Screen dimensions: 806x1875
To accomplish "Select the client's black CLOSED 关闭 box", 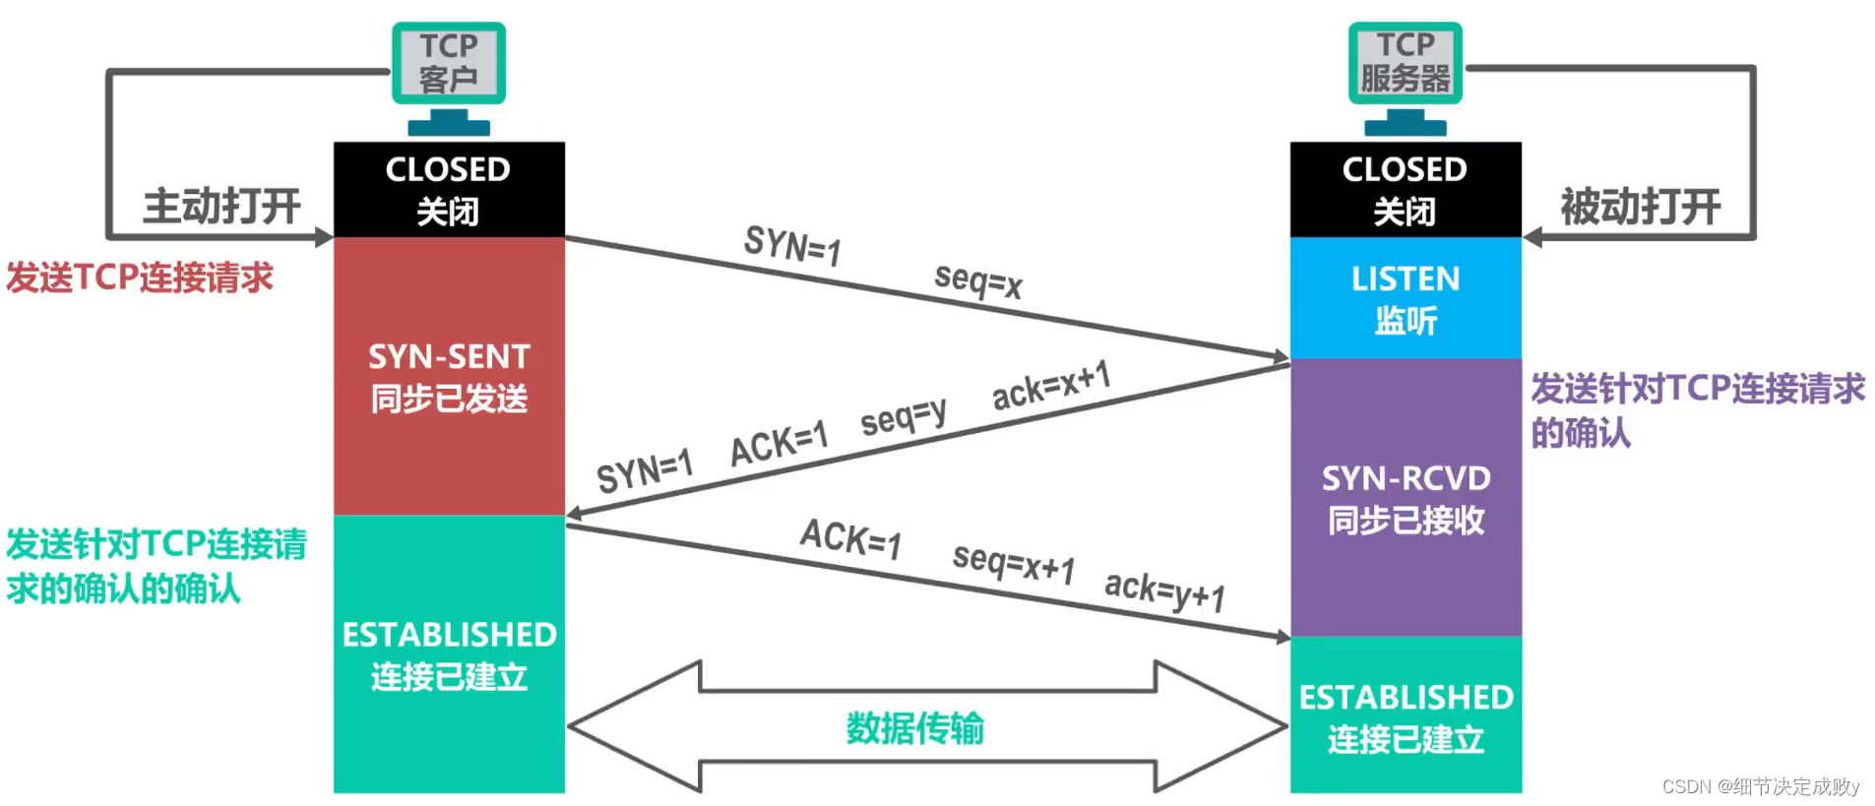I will pyautogui.click(x=449, y=189).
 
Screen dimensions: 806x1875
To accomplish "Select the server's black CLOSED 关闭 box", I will pyautogui.click(x=1405, y=189).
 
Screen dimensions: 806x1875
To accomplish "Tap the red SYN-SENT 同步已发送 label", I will pyautogui.click(x=449, y=378).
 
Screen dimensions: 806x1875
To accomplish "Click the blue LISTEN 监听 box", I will pyautogui.click(x=1405, y=298).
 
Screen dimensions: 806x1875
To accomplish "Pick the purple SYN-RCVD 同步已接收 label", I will pyautogui.click(x=1405, y=499).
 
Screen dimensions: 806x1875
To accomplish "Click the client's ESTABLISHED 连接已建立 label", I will pyautogui.click(x=449, y=655).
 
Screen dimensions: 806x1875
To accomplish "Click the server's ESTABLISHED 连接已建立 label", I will pyautogui.click(x=1405, y=717).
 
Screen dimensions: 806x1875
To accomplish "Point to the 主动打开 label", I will pyautogui.click(x=221, y=207).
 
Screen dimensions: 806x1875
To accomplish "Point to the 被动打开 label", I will pyautogui.click(x=1640, y=207).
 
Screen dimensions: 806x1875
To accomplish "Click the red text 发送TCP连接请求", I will pyautogui.click(x=140, y=278).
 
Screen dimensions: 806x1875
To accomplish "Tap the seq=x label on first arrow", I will pyautogui.click(x=977, y=280).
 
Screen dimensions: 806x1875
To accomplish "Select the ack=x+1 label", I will pyautogui.click(x=1050, y=385).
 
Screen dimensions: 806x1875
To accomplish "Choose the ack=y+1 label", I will pyautogui.click(x=1164, y=590).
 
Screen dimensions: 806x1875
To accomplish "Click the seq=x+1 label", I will pyautogui.click(x=1013, y=563).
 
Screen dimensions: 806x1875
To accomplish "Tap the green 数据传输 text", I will pyautogui.click(x=914, y=728).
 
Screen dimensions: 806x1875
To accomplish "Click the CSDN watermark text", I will pyautogui.click(x=1760, y=786).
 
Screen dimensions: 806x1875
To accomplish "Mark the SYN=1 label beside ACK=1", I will pyautogui.click(x=645, y=470).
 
